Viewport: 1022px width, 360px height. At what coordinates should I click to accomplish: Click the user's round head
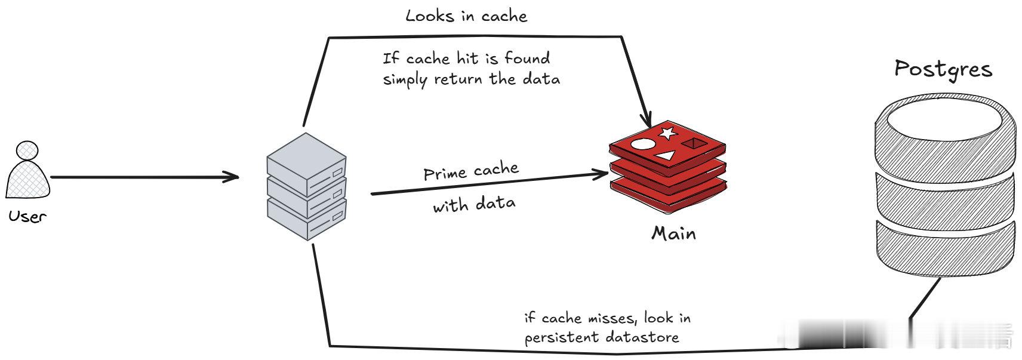click(x=27, y=150)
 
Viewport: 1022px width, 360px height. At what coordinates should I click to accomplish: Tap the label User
click(x=27, y=216)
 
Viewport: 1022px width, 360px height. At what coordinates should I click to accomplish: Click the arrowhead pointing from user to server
click(x=231, y=177)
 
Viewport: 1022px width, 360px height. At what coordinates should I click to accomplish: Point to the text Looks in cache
click(x=466, y=16)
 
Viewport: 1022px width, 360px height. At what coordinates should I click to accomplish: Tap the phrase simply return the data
click(x=472, y=79)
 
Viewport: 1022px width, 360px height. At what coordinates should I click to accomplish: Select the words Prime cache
click(x=471, y=171)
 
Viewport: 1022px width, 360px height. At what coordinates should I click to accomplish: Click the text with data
click(x=474, y=204)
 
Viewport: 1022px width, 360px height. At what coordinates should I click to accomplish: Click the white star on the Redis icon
click(x=667, y=133)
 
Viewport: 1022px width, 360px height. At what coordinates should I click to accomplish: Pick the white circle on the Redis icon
click(x=642, y=144)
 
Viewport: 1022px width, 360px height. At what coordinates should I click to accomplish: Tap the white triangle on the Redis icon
click(x=666, y=156)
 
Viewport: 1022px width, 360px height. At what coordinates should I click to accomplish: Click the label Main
click(x=673, y=233)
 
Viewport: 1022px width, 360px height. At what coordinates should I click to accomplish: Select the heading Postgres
click(x=943, y=70)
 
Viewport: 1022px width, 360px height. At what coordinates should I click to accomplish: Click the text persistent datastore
click(x=602, y=338)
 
